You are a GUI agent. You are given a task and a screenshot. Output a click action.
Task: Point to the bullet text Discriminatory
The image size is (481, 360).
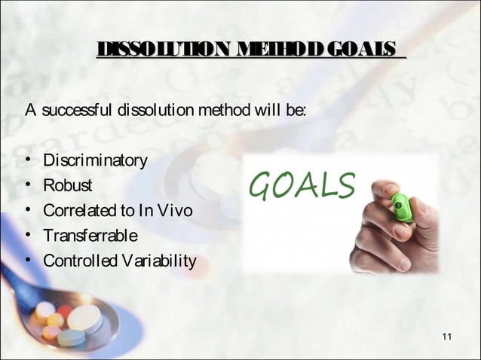pyautogui.click(x=94, y=161)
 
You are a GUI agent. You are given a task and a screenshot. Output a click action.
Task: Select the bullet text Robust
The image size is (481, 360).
pyautogui.click(x=68, y=186)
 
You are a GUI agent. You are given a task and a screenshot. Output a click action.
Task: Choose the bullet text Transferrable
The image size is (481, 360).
pyautogui.click(x=90, y=236)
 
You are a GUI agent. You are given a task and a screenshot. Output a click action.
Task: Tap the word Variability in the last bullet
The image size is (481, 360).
pyautogui.click(x=155, y=261)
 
